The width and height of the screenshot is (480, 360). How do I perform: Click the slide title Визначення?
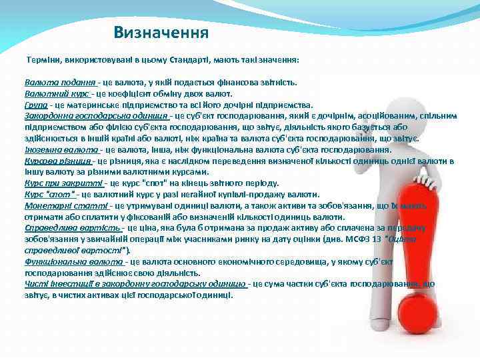(161, 32)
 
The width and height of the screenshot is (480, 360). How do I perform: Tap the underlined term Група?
(35, 105)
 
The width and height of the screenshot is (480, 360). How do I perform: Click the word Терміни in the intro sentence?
(43, 60)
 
